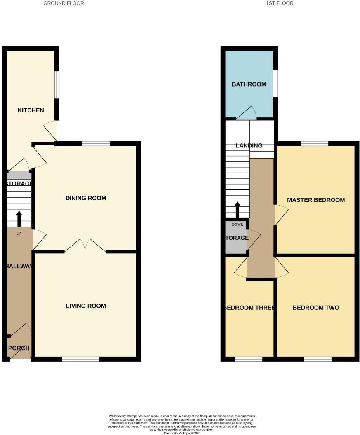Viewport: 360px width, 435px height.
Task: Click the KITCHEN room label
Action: point(31,110)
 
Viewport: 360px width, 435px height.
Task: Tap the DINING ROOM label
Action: point(86,198)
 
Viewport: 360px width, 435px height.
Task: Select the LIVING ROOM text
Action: point(86,306)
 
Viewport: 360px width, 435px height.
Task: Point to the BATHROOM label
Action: point(249,84)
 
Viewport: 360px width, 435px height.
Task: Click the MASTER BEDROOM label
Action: point(316,200)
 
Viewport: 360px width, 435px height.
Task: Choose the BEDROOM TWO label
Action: point(316,308)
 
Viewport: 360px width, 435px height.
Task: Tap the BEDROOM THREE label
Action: point(249,308)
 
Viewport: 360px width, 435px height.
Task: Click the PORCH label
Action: point(19,348)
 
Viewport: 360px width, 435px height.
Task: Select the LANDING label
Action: point(249,145)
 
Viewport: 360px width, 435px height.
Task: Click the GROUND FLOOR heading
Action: point(64,3)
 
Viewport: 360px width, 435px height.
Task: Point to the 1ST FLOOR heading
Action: point(280,3)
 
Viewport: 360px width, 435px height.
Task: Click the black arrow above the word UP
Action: point(19,218)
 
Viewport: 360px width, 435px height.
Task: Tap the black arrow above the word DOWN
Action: point(237,209)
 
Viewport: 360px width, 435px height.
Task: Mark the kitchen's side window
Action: point(57,85)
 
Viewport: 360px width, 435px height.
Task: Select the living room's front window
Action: point(81,359)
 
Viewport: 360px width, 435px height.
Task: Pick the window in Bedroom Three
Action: point(249,359)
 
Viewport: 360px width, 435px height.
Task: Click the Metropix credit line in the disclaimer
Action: point(181,433)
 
